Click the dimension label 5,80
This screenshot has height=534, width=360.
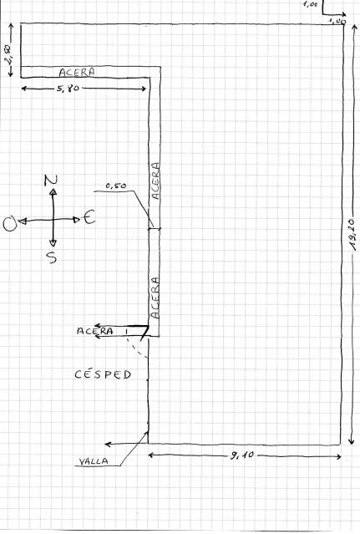coord(68,89)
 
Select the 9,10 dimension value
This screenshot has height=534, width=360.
coord(242,455)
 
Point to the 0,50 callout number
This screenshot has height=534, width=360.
coord(116,186)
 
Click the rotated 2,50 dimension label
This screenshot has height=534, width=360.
coord(9,54)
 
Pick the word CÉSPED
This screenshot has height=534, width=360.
coord(103,374)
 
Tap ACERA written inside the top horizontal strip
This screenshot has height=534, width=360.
coord(77,72)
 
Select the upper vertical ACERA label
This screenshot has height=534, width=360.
coord(155,181)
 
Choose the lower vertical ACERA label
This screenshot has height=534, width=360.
coord(155,298)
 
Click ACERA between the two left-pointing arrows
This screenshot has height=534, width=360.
coord(95,331)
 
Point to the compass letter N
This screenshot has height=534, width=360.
coord(51,181)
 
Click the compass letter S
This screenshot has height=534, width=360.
coord(53,257)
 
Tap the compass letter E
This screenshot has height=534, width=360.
coord(89,217)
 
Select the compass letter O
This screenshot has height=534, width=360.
coord(9,225)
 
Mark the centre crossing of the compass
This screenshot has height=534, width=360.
coord(53,221)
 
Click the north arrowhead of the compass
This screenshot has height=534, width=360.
coord(53,191)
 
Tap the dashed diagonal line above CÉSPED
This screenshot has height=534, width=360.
coord(137,348)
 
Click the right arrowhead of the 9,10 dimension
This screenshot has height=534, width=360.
coord(338,456)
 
